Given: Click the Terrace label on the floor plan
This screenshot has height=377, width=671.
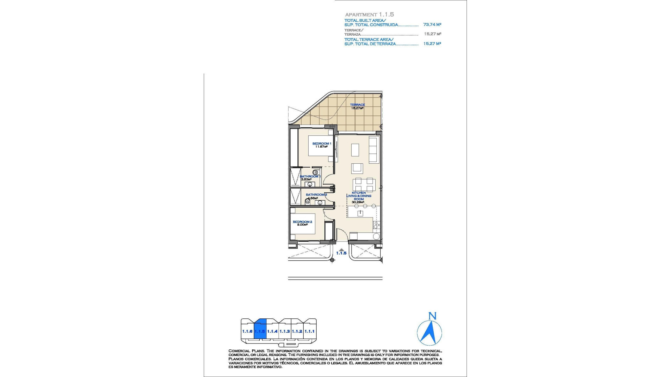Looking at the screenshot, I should point(358,105).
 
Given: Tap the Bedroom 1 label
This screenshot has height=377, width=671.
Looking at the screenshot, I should point(322,144).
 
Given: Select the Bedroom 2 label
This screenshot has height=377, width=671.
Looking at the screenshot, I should point(302,222).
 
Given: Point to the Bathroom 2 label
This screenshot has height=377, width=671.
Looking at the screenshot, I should point(316,195).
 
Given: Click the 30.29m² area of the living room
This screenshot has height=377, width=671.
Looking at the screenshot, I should point(358,202).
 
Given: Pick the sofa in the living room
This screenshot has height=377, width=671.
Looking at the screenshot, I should point(374,150).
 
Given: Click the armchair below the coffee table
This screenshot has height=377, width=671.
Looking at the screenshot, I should point(357,168).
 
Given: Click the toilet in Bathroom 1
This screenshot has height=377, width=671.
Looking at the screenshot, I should point(316,172).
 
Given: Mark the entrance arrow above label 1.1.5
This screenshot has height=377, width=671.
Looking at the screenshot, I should point(341,249).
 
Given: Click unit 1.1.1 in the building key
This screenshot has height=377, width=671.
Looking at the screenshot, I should point(310,332).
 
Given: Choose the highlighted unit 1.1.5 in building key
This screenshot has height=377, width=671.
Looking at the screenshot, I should point(260,332).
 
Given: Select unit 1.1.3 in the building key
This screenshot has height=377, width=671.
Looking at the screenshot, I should point(285,332).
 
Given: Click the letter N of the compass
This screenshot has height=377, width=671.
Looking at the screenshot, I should point(432,316).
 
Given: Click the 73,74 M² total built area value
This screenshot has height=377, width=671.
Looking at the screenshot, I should point(432,25).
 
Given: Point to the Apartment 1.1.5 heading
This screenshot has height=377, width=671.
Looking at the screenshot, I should point(369,15).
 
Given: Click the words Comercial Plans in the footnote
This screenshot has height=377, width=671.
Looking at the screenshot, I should point(243,351).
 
